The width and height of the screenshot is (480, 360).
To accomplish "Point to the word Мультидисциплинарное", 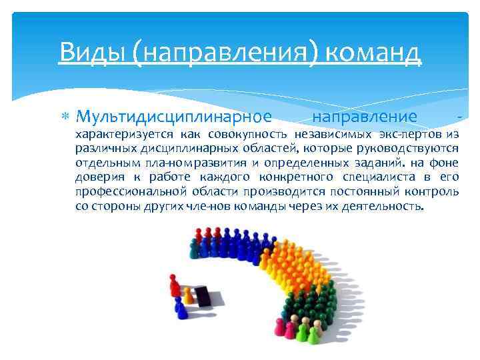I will click(x=173, y=117).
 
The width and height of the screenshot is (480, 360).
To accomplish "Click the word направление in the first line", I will click(x=365, y=117).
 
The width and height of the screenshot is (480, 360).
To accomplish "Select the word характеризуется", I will click(x=117, y=134).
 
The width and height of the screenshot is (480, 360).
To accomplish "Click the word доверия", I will click(x=97, y=177).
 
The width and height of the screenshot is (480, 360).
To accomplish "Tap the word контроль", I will click(x=433, y=192).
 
